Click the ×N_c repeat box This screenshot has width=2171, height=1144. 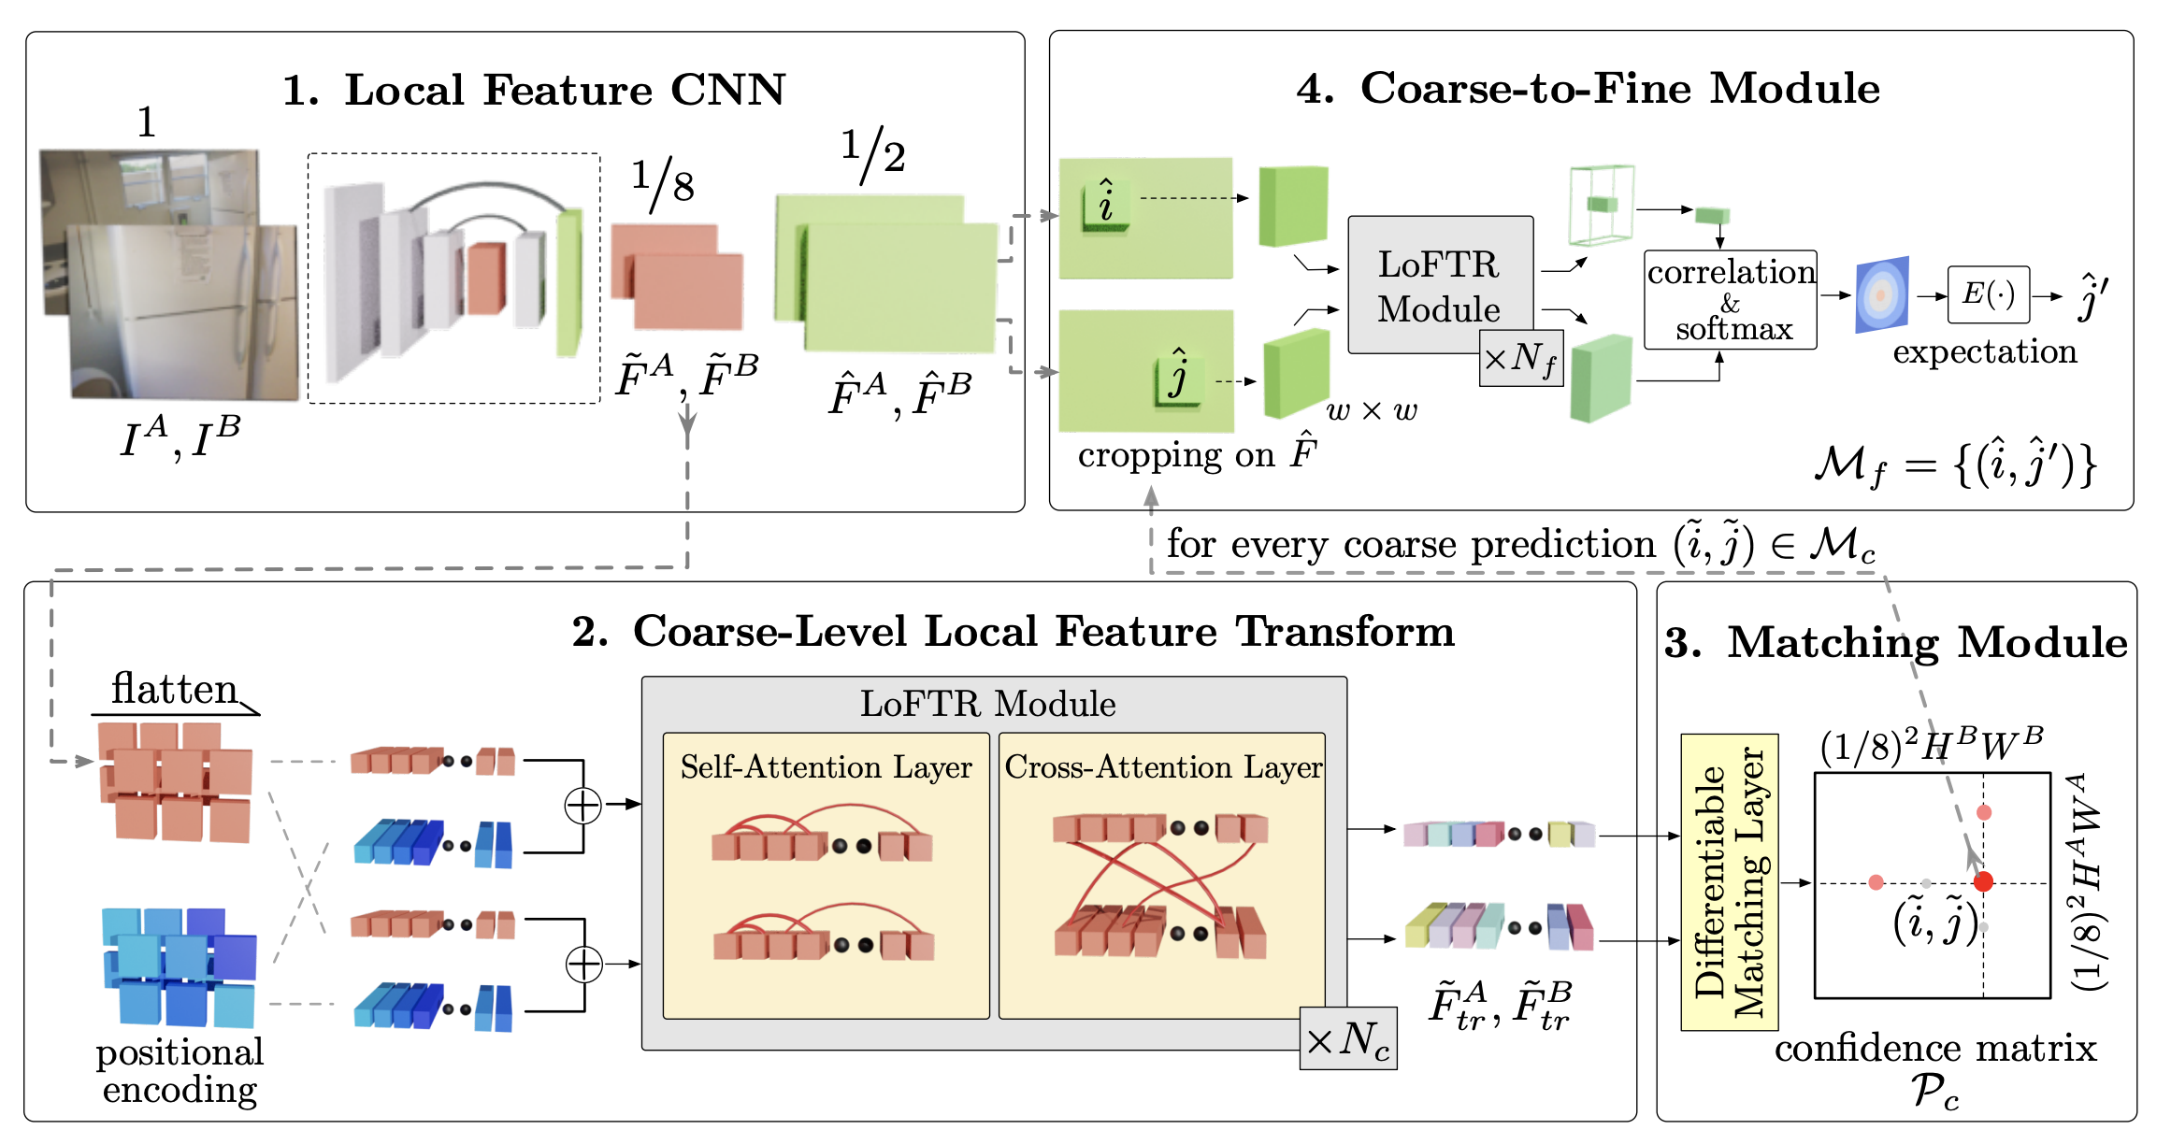[x=1348, y=1038]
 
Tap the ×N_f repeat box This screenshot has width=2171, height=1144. [x=1521, y=358]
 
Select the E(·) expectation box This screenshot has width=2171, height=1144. [x=1988, y=295]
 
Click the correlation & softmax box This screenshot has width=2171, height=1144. [x=1731, y=300]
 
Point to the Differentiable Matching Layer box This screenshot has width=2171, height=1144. [x=1729, y=882]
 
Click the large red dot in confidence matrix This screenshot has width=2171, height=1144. [x=1983, y=881]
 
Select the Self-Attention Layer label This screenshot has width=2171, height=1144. [x=826, y=767]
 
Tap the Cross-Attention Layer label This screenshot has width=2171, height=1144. [x=1163, y=767]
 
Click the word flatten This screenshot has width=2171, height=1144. [x=174, y=690]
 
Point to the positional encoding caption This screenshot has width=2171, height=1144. [x=180, y=1071]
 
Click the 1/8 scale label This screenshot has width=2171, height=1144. [x=663, y=182]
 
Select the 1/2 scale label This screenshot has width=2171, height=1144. [x=872, y=151]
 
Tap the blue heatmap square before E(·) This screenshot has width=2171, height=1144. [x=1881, y=294]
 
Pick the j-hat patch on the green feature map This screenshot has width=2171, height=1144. [x=1178, y=377]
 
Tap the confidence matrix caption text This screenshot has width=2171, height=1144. [x=1935, y=1049]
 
